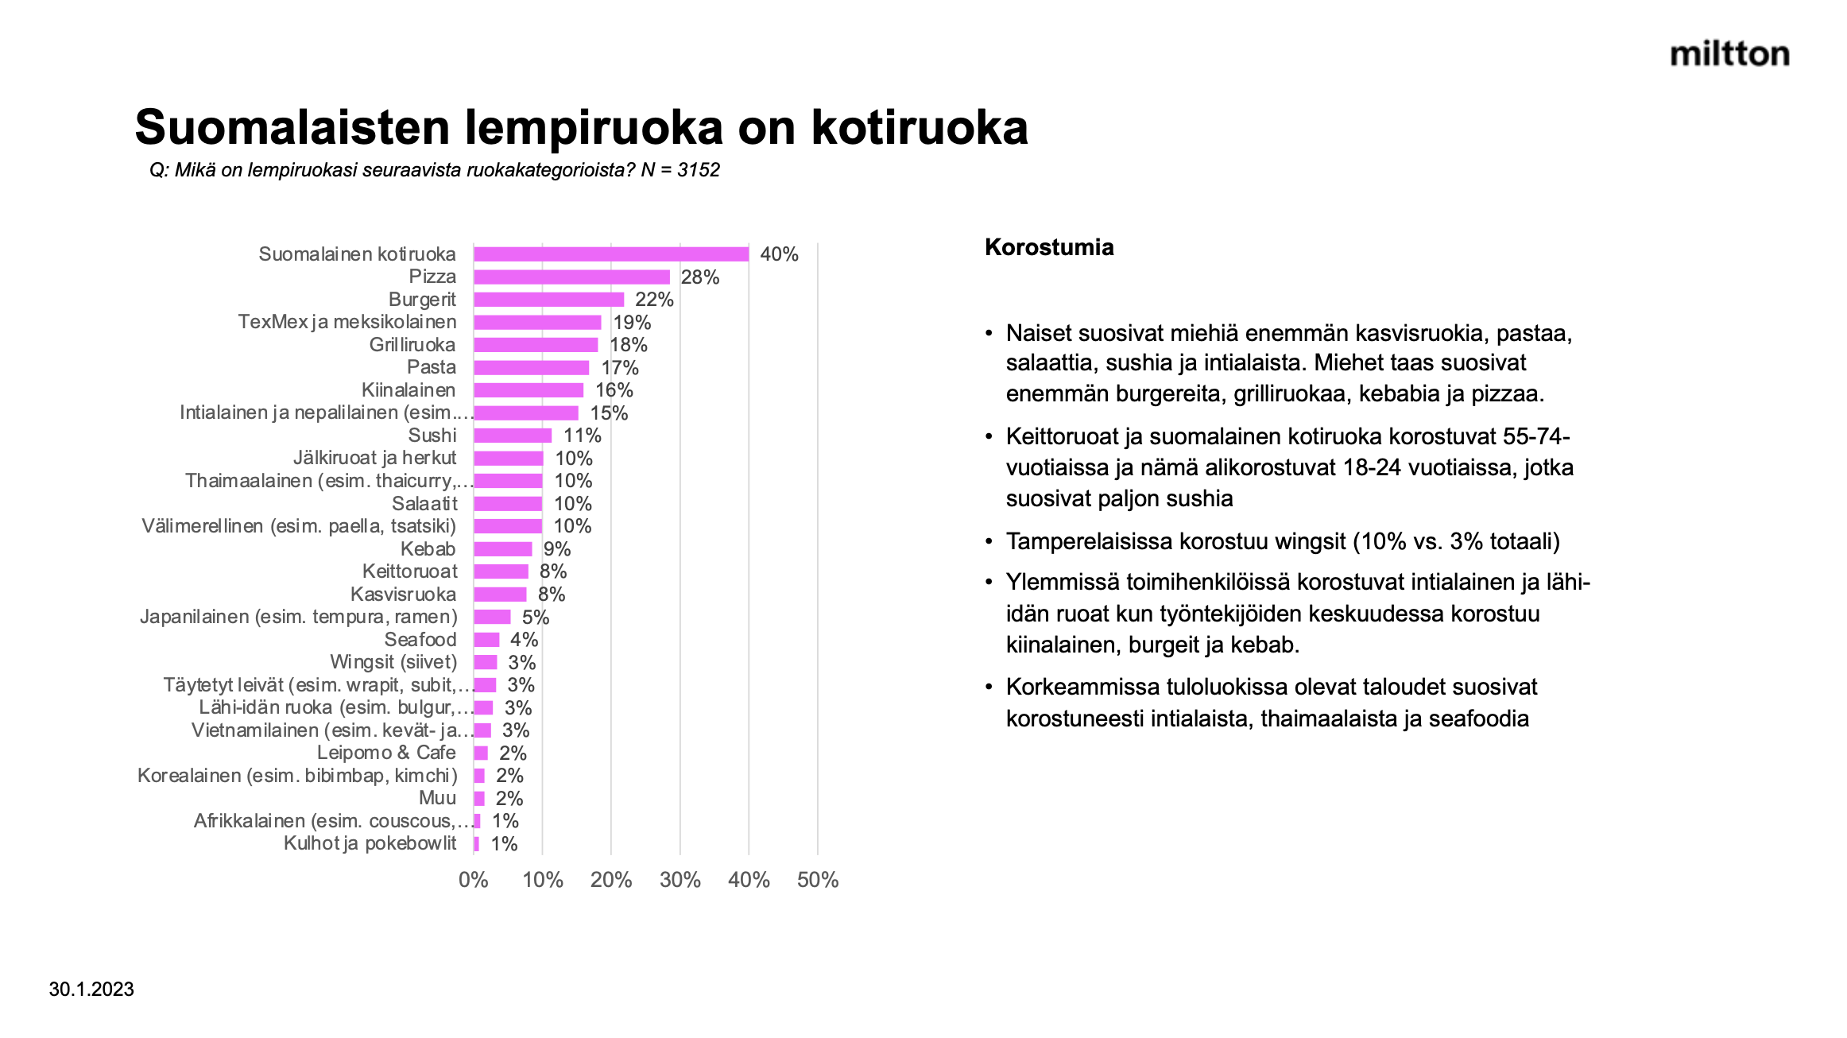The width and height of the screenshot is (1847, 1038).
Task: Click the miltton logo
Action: click(1729, 54)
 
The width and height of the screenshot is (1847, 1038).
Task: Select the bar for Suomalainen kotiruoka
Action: click(610, 254)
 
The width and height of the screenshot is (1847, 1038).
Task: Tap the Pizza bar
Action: click(571, 277)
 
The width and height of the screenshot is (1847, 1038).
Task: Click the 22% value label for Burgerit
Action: click(654, 300)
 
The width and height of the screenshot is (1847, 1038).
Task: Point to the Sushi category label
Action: click(432, 436)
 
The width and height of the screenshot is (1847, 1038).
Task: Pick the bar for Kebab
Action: click(502, 549)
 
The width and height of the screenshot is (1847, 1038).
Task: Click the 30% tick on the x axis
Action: click(680, 880)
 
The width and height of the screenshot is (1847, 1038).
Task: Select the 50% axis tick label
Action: click(818, 880)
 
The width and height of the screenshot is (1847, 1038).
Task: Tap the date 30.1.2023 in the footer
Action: click(91, 990)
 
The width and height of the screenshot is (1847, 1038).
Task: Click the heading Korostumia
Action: click(1049, 247)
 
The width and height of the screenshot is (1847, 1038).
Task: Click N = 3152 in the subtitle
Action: click(680, 170)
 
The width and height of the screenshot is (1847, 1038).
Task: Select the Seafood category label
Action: click(420, 640)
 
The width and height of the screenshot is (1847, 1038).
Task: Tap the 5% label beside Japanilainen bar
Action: click(536, 618)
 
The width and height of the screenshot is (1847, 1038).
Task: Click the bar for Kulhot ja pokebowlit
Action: click(477, 844)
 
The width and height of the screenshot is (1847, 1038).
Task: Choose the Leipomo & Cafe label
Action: click(386, 753)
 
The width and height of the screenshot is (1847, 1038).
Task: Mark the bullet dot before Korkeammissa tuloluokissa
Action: click(989, 687)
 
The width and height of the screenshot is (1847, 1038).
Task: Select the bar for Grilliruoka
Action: click(536, 345)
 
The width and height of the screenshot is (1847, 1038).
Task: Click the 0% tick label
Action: click(473, 880)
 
